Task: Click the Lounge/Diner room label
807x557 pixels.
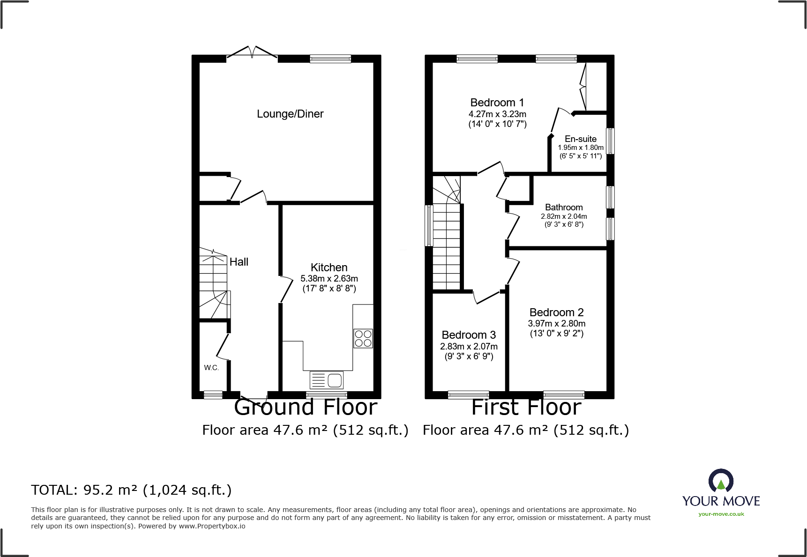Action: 290,114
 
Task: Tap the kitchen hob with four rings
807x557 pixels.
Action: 363,338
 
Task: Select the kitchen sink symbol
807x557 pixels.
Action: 327,380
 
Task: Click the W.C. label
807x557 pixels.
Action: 211,368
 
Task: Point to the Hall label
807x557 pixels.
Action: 239,262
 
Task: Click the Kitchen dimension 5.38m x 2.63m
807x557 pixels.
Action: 329,279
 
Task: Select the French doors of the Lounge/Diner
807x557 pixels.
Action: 252,54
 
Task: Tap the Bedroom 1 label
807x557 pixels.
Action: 497,103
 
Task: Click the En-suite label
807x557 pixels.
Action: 580,139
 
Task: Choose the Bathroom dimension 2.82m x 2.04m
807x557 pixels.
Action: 564,216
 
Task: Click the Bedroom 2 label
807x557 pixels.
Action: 556,312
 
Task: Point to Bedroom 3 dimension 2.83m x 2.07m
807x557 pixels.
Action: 469,347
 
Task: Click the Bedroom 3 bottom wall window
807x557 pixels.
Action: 468,395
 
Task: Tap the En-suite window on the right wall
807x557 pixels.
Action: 610,141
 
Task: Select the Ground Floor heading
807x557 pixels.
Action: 306,408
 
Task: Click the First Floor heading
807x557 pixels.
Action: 526,408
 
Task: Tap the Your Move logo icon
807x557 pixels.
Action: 721,481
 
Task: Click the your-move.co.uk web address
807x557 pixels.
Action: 721,514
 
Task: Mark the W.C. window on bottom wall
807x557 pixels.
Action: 213,395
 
